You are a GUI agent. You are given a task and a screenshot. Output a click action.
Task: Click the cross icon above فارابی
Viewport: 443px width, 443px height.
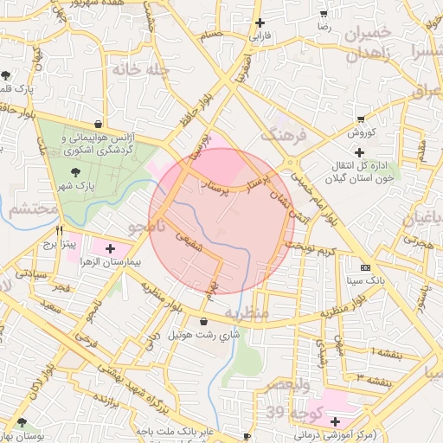(260, 23)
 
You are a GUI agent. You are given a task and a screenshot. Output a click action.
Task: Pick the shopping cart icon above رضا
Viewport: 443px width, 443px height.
(324, 14)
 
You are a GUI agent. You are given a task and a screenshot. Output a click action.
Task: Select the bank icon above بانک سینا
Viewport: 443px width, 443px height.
(364, 266)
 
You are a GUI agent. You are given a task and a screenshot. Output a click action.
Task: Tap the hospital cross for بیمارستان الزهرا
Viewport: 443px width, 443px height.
(110, 249)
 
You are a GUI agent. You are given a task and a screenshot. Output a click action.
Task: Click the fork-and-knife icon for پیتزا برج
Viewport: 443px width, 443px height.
(59, 231)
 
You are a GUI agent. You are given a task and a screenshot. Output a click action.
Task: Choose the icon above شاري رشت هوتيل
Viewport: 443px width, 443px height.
(203, 322)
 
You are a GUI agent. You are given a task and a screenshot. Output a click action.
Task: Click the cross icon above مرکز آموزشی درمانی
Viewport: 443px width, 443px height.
(336, 421)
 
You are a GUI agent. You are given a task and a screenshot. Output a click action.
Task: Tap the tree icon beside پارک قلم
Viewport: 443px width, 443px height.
(8, 76)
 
